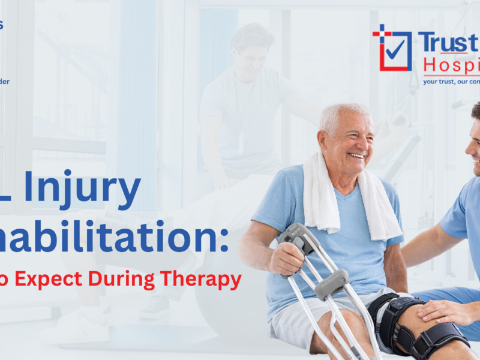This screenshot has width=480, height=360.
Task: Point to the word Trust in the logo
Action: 448,43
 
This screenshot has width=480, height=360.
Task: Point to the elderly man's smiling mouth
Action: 357,156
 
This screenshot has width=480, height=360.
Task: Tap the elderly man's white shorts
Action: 294,324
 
